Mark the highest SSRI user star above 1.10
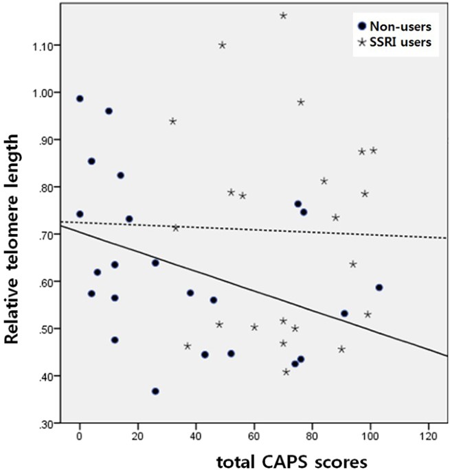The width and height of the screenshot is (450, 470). [283, 15]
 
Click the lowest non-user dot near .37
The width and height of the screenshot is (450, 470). [155, 391]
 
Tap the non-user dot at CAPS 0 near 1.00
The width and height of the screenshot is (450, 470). [80, 99]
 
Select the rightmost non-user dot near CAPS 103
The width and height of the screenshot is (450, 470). [379, 287]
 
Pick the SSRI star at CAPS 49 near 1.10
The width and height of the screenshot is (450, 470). [222, 45]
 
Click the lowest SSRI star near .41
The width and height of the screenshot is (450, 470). [286, 372]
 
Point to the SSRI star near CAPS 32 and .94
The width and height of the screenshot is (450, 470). [172, 121]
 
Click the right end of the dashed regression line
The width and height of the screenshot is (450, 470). [447, 238]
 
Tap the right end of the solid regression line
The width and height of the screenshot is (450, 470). [447, 355]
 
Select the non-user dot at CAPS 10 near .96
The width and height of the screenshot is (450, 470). [109, 111]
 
